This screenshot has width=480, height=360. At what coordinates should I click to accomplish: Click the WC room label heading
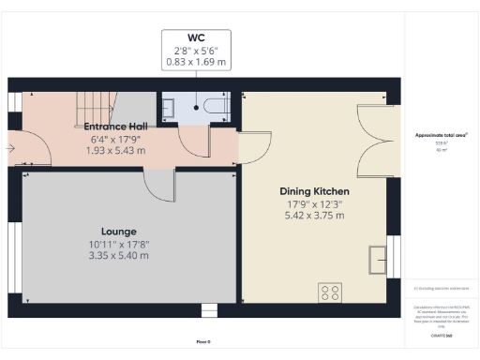pyautogui.click(x=196, y=38)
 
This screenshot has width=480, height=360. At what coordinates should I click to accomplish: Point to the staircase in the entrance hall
pyautogui.click(x=88, y=105)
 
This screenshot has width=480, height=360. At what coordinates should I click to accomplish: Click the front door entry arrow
pyautogui.click(x=10, y=147)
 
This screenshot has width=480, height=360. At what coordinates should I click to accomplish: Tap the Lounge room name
pyautogui.click(x=119, y=231)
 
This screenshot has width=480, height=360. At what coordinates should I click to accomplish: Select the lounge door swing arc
pyautogui.click(x=159, y=186)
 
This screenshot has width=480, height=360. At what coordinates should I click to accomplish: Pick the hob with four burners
pyautogui.click(x=330, y=292)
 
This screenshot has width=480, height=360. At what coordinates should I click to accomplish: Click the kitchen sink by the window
pyautogui.click(x=378, y=259)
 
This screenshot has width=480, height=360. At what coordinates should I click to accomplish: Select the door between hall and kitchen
pyautogui.click(x=250, y=146)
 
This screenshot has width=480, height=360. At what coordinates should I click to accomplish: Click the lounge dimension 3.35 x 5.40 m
pyautogui.click(x=119, y=254)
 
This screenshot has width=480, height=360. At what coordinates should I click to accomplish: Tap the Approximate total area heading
pyautogui.click(x=442, y=135)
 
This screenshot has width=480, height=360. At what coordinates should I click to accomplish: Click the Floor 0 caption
pyautogui.click(x=203, y=342)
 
